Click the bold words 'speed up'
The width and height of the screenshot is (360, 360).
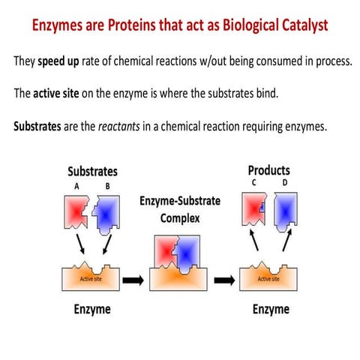click(61, 60)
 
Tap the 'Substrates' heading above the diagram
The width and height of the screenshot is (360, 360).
click(92, 172)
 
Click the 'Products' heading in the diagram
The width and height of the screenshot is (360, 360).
click(268, 170)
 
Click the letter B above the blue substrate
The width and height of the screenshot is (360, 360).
click(108, 185)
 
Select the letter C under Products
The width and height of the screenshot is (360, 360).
click(253, 181)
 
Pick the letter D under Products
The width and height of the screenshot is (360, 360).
click(285, 181)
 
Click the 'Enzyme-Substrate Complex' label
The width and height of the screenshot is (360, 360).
click(179, 211)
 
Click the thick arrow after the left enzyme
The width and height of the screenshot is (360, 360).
click(130, 280)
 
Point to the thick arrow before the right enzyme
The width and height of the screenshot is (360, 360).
click(223, 280)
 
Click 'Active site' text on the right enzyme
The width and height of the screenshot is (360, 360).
click(269, 278)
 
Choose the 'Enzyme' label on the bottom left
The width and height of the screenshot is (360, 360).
click(91, 309)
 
